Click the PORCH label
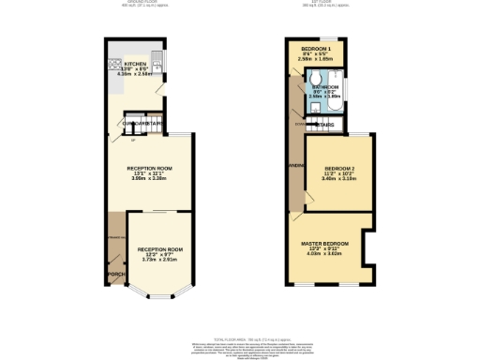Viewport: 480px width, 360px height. click(x=116, y=274)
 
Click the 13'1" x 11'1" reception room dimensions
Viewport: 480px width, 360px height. click(x=149, y=173)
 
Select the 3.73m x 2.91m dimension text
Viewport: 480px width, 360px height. click(x=159, y=260)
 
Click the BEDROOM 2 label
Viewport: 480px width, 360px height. click(x=337, y=168)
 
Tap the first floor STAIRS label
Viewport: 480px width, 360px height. click(x=326, y=123)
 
